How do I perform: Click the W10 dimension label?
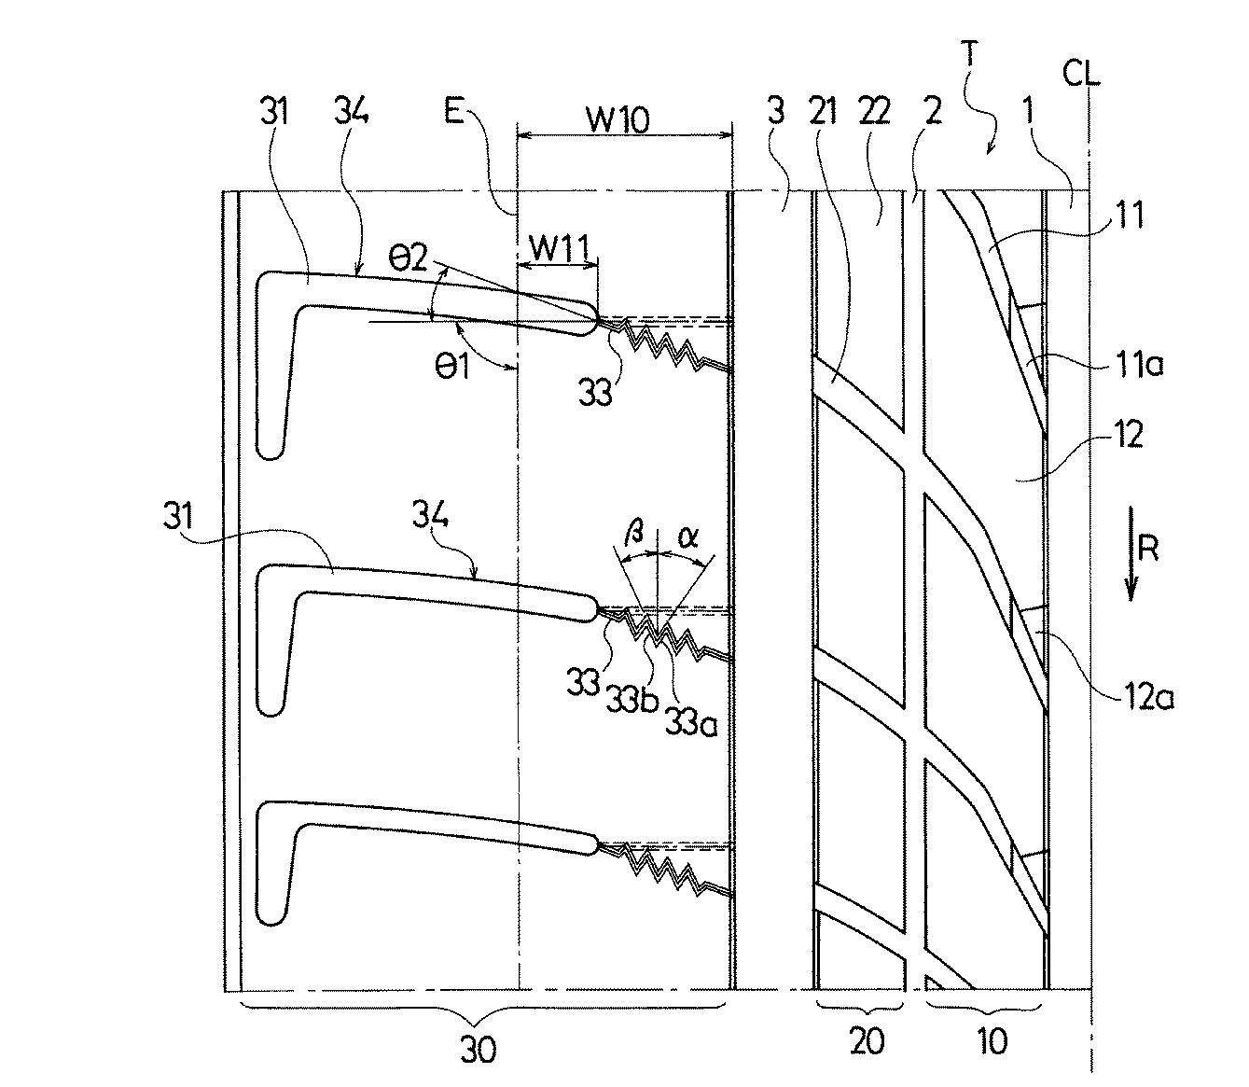click(x=618, y=119)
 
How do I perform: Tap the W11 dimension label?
click(x=559, y=247)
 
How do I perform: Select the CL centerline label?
click(x=1081, y=74)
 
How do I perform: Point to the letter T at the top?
click(x=969, y=53)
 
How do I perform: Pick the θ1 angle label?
click(x=451, y=368)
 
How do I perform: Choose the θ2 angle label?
click(x=409, y=258)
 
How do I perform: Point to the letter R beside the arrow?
click(x=1148, y=548)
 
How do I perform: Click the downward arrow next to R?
click(x=1131, y=553)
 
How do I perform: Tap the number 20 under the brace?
click(x=867, y=1042)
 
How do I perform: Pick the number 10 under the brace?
click(x=992, y=1042)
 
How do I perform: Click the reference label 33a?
click(x=691, y=722)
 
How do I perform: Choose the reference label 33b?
click(x=632, y=702)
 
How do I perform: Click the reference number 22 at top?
click(x=874, y=112)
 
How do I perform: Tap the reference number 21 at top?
click(x=823, y=112)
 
